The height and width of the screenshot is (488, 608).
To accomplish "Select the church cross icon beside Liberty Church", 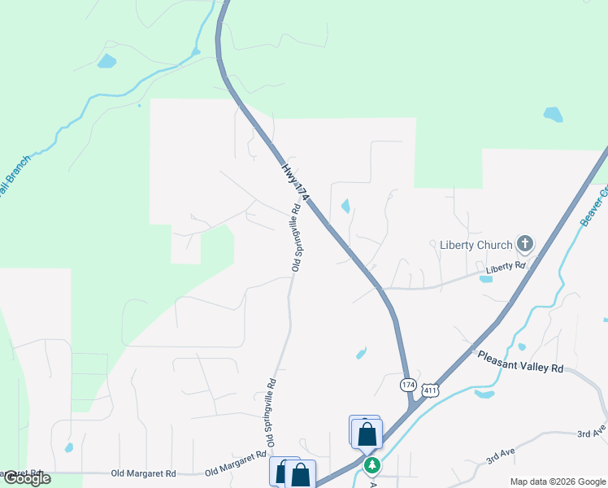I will tap(525, 243).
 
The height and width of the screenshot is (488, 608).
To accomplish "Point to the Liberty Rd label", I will tap(506, 267).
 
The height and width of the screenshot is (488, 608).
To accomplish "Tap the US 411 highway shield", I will tap(431, 391).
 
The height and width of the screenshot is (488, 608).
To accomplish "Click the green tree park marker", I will tap(371, 465).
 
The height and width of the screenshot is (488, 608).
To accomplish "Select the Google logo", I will tap(26, 479).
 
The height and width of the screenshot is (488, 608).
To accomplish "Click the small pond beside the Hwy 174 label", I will tap(347, 206).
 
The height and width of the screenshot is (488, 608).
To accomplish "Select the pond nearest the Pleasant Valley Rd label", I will tap(484, 395).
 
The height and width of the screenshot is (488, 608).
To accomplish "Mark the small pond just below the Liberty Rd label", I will tap(486, 279).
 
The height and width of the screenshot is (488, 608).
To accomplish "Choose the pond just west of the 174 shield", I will tap(361, 353).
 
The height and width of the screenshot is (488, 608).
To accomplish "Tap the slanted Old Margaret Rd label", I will tap(236, 464).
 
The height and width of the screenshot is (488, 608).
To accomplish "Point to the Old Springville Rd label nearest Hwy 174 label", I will tap(297, 237).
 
